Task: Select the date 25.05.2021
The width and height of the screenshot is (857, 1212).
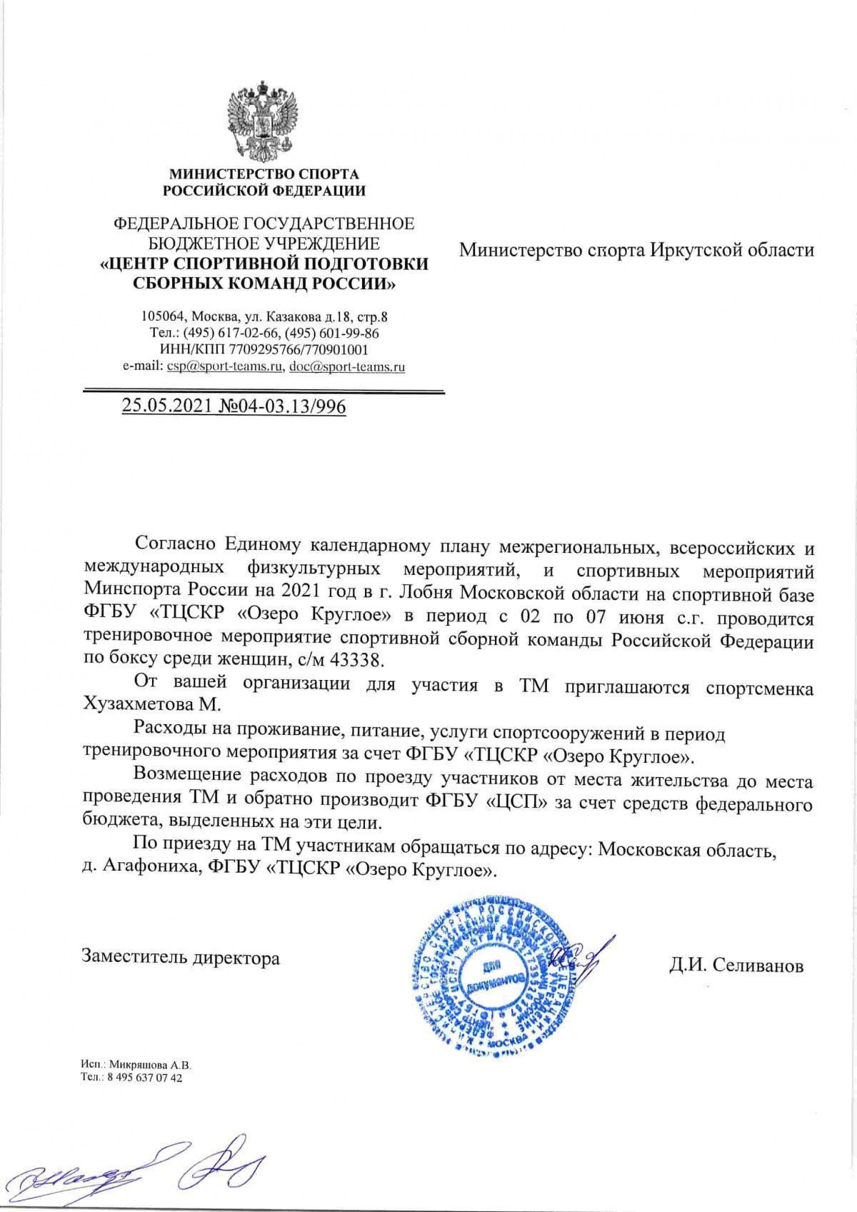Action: click(166, 406)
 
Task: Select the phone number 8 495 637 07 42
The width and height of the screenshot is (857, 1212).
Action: click(143, 1078)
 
